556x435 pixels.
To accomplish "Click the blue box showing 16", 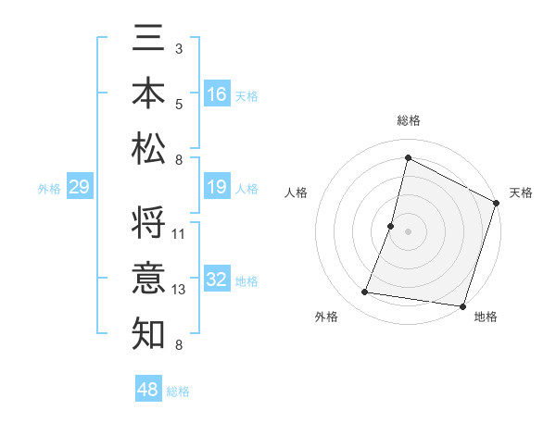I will pos(217,93).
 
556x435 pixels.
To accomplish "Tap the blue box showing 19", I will pos(217,187).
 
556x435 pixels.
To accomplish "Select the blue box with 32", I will pos(217,280).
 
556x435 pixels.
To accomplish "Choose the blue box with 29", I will pos(79,187).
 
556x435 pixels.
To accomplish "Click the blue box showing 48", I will pos(148,390).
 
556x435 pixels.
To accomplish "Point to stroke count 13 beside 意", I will pos(179,290).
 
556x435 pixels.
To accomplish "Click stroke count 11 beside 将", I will pos(179,234).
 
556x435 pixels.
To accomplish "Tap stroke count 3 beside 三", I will pos(178,47).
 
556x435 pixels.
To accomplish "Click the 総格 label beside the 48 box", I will pos(178,391).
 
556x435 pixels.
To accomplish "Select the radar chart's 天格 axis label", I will pos(521,193).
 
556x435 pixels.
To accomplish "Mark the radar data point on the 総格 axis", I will pos(408,157).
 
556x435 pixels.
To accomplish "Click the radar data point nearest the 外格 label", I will pos(365,292).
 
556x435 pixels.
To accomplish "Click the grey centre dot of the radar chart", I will pos(408,230).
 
